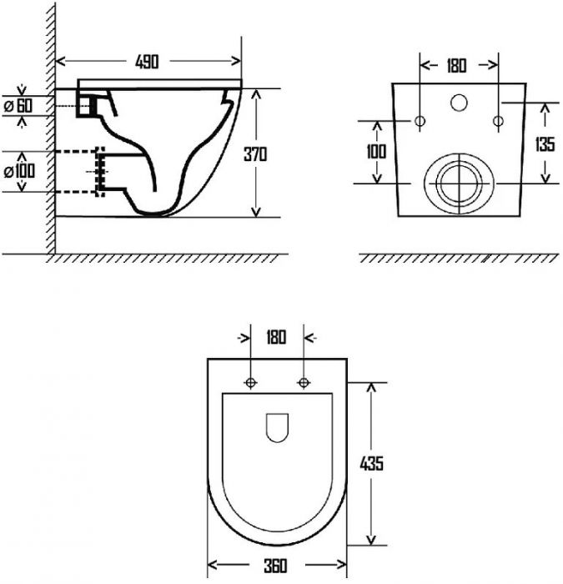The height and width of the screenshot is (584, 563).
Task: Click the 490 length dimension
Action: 147,62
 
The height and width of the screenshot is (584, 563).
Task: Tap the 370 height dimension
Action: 255,154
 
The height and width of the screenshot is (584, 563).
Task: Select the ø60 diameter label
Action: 18,106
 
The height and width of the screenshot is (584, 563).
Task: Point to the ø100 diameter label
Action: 19,171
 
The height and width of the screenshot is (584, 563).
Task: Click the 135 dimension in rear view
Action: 545,143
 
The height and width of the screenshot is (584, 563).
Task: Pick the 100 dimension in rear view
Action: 376,152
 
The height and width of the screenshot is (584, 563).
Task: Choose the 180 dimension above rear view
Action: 456,66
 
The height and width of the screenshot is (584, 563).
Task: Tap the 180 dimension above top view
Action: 276,337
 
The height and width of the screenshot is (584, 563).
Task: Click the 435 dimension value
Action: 371,463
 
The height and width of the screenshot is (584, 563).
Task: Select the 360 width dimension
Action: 276,566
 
